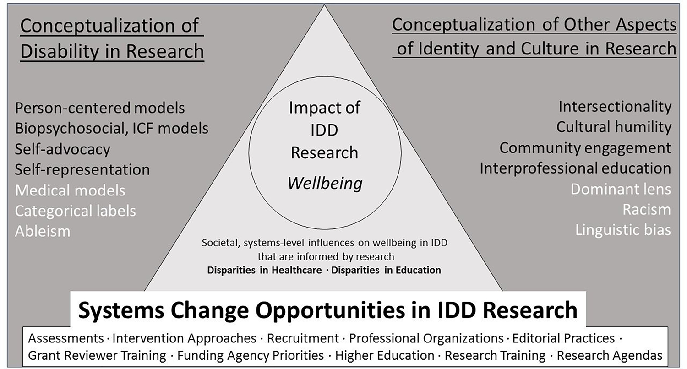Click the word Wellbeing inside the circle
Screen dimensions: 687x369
tap(325, 184)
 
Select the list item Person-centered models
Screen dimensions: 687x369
tap(100, 108)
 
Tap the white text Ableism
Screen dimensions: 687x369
tap(43, 231)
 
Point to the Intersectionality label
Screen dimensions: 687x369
tap(615, 107)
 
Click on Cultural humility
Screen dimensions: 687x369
tap(614, 127)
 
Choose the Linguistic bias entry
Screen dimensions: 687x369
tap(623, 230)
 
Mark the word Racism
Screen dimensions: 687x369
tap(646, 210)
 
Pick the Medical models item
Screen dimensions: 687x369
tap(70, 190)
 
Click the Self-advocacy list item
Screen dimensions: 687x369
tap(62, 149)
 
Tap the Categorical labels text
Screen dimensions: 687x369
tap(75, 211)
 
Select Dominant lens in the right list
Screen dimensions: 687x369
tap(621, 189)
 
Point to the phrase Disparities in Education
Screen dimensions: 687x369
tap(386, 270)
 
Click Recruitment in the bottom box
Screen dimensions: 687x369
tap(302, 339)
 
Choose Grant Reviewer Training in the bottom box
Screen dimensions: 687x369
tap(97, 355)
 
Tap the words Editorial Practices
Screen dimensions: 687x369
tap(563, 339)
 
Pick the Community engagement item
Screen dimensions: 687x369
tap(585, 148)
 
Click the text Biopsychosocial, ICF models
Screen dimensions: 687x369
tap(111, 129)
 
